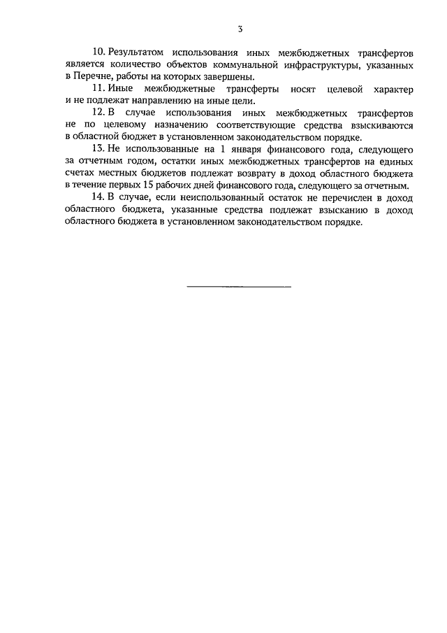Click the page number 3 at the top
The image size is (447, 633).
click(240, 29)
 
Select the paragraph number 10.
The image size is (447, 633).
click(98, 52)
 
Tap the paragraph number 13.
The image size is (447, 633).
click(98, 149)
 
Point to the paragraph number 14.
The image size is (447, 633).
click(98, 198)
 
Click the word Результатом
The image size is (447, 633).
click(135, 52)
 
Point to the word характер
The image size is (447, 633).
click(390, 90)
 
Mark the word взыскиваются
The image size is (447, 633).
click(378, 125)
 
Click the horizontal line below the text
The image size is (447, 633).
click(239, 286)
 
